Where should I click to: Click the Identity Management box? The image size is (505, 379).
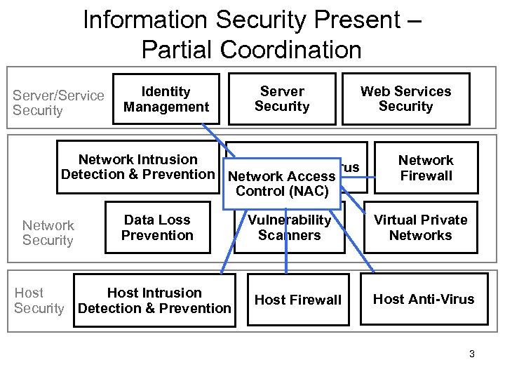166,99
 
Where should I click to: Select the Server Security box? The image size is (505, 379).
282,99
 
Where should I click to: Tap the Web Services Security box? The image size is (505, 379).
405,99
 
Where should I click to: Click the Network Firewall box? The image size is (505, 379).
426,168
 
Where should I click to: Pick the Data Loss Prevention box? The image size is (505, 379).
157,227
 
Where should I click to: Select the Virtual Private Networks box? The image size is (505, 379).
420,227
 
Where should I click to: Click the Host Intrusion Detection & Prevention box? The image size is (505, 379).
154,300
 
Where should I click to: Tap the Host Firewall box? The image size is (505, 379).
297,300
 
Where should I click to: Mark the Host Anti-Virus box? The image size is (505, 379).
423,299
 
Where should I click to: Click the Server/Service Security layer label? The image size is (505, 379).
58,102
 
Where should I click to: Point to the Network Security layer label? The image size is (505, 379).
48,232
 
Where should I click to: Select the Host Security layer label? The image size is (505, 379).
39,300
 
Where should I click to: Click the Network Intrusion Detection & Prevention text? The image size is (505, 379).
137,167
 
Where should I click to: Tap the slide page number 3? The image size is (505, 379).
472,354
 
